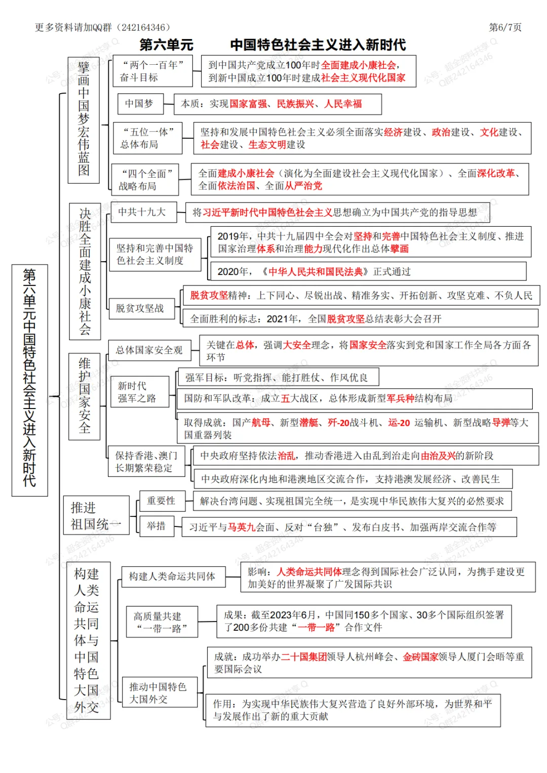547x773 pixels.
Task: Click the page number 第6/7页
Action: click(x=504, y=27)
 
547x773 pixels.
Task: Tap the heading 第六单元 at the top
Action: click(x=166, y=45)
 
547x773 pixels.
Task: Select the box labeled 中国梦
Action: click(x=139, y=104)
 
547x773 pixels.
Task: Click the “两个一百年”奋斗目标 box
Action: click(x=152, y=71)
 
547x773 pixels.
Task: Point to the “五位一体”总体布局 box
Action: click(x=147, y=138)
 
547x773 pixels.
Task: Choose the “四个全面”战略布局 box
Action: click(x=145, y=180)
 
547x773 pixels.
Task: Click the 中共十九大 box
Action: click(x=143, y=212)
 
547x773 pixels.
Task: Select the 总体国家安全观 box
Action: click(x=149, y=350)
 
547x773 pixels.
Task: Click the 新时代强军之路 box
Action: click(x=136, y=392)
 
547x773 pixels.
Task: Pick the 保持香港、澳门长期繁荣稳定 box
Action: click(x=146, y=462)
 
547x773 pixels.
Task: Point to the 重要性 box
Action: click(x=161, y=501)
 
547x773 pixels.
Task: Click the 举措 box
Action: click(x=156, y=526)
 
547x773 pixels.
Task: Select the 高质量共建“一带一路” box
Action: click(x=162, y=622)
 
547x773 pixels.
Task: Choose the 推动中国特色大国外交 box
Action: click(x=159, y=693)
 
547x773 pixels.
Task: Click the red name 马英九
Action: click(x=241, y=527)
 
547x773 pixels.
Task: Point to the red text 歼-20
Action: click(x=339, y=423)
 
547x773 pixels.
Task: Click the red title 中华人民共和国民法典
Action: click(x=316, y=272)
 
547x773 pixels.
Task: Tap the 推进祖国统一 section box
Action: click(x=96, y=515)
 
